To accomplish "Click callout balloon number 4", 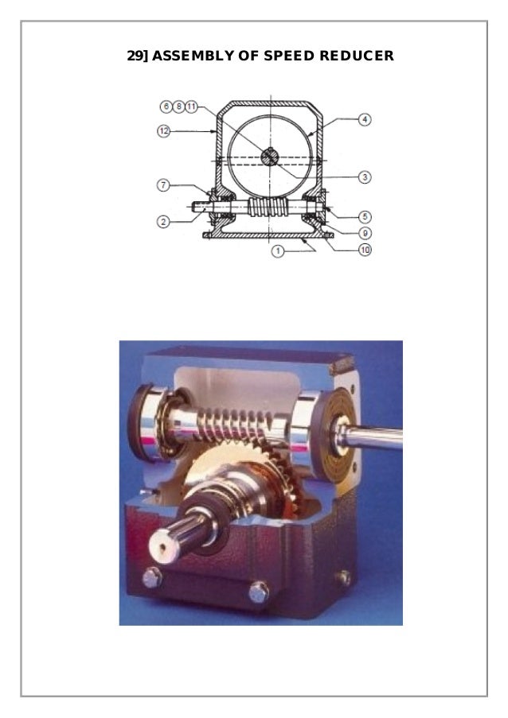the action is point(365,119).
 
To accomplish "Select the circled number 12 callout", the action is point(164,131).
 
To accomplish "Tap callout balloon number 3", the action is point(365,177).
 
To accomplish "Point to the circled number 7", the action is point(164,185).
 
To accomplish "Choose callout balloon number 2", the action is point(163,222).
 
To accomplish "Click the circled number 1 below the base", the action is point(277,251).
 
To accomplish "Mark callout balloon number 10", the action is point(365,250).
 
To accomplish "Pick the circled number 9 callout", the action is point(365,234).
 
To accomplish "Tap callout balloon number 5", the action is point(365,216).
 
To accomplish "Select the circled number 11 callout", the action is point(191,107).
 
